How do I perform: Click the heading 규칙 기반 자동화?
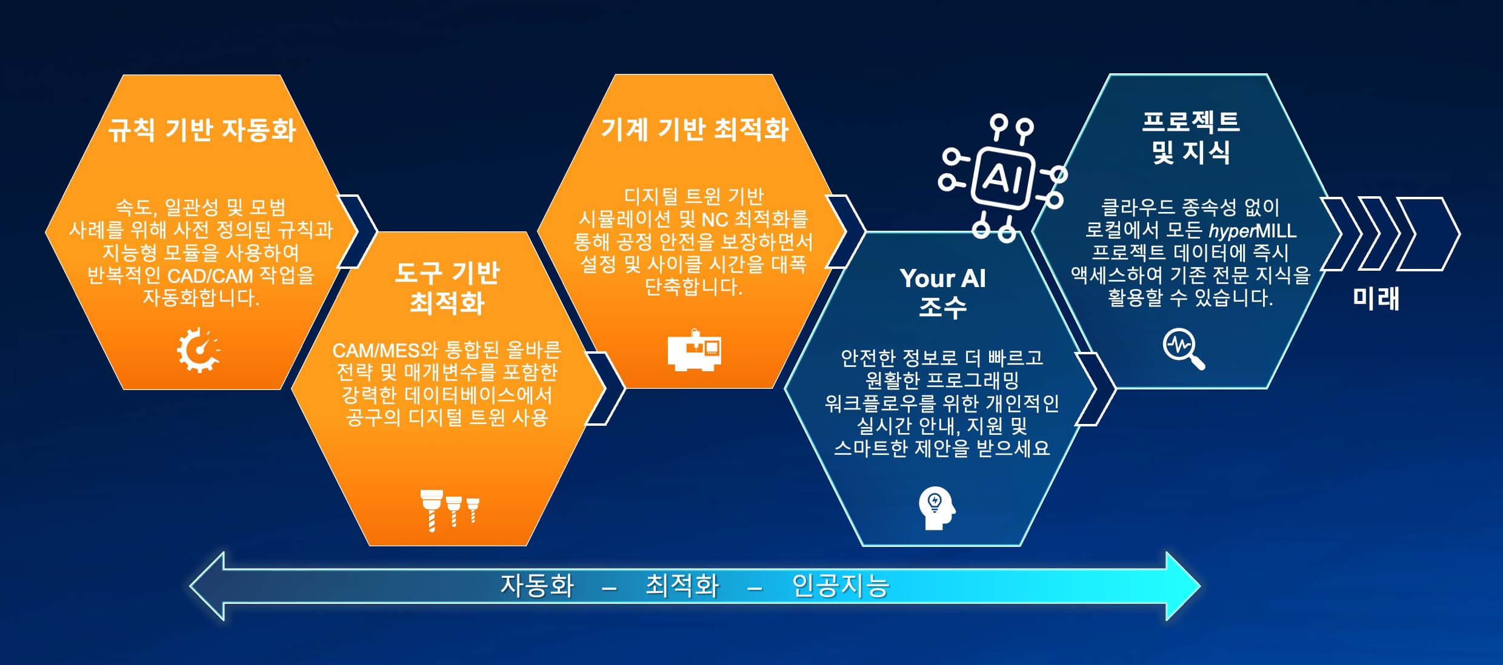click(202, 130)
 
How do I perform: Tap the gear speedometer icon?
click(198, 349)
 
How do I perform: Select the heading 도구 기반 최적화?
click(447, 288)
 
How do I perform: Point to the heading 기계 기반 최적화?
click(695, 129)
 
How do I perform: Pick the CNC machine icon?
click(695, 350)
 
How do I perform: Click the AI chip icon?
click(1002, 178)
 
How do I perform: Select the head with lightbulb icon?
click(937, 509)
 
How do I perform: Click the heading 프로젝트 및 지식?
click(1191, 137)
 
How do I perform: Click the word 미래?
click(1376, 299)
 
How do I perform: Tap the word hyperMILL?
click(1253, 231)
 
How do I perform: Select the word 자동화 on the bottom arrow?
click(537, 586)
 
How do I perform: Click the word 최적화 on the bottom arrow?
click(682, 586)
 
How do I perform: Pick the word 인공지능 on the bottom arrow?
click(841, 586)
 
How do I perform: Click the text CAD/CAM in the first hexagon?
click(210, 276)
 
